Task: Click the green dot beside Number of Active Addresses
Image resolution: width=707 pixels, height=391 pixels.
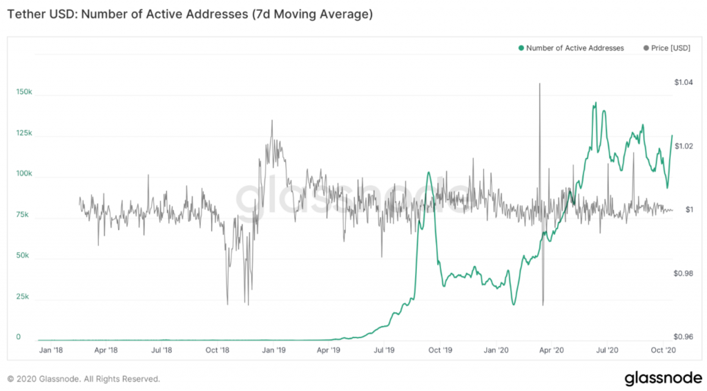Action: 521,48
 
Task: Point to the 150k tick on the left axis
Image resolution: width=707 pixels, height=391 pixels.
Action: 23,92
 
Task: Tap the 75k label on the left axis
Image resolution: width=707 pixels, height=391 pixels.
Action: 22,215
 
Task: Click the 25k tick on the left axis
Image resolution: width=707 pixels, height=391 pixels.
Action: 22,297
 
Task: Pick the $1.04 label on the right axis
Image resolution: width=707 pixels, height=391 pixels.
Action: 683,82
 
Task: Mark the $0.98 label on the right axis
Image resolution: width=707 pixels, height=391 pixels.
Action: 683,274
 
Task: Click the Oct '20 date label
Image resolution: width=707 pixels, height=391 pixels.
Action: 664,350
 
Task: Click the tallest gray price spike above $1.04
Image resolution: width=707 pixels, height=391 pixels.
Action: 539,84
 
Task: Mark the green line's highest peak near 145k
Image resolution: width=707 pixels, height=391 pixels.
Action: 594,103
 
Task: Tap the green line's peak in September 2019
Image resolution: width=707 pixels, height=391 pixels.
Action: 429,172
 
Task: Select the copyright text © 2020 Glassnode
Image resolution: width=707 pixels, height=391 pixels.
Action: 84,379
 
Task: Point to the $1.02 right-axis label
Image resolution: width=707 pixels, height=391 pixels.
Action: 683,146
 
